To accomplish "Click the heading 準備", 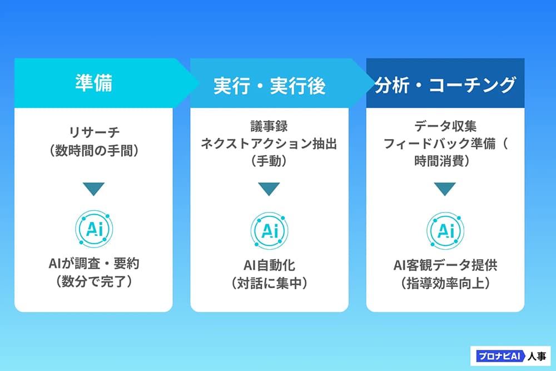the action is point(93,83).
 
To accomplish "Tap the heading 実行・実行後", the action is point(270,86).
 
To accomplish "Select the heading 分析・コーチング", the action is point(445,85).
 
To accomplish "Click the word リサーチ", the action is point(94,132).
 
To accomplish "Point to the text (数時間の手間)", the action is point(94,151).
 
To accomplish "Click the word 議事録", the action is point(269,126).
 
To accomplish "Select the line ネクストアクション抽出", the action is point(269,144).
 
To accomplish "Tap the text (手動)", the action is point(269,161).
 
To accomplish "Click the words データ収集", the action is point(445,126).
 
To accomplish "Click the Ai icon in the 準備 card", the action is point(94,229).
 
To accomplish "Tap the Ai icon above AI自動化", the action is point(269,230).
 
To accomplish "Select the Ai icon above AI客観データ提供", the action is point(445,230).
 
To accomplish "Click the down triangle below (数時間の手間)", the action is point(93,189).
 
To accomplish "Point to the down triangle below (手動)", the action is point(269,189).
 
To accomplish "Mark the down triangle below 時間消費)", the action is point(445,189).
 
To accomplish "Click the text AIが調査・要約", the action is point(94,264).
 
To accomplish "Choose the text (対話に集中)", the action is point(269,283).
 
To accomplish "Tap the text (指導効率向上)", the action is point(445,283).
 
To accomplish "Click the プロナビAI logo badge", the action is point(510,356).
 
